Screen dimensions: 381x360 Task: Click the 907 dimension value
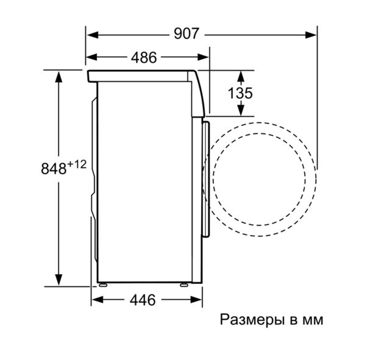tap(187, 34)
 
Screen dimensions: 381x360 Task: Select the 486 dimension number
tap(144, 58)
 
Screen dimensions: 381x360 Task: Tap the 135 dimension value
tap(240, 93)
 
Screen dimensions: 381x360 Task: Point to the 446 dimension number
tap(143, 300)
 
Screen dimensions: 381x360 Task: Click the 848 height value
tap(54, 169)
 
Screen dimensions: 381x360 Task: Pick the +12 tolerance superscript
tap(77, 164)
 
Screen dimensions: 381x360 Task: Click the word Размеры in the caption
tap(252, 320)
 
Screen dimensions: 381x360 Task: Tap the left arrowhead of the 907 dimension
tap(93, 35)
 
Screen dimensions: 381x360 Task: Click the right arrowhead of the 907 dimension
tap(310, 35)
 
